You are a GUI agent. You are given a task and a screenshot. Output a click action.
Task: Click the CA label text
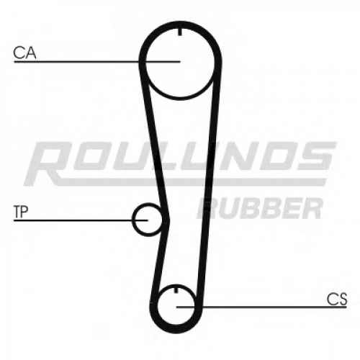point(24,53)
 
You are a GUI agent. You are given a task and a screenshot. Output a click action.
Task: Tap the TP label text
point(21,212)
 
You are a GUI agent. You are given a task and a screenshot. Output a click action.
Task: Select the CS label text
point(337,299)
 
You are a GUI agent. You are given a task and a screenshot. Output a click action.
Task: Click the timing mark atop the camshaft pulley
point(180,32)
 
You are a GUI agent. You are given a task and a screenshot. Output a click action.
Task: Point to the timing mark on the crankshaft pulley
point(176,289)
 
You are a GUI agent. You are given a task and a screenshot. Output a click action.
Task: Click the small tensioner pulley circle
point(132,220)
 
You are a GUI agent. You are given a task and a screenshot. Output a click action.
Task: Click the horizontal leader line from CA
point(97,62)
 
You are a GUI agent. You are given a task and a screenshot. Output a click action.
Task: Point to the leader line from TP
point(81,220)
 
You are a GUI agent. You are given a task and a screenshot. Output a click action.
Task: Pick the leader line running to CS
point(261,307)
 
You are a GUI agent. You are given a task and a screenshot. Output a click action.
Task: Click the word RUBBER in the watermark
point(260,208)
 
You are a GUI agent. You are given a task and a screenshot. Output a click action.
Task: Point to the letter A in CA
point(30,53)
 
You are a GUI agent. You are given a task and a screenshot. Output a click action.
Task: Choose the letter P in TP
point(25,212)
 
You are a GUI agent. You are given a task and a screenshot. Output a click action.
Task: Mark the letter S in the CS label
point(343,299)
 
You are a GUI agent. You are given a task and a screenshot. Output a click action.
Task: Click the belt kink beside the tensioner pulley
point(166,219)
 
